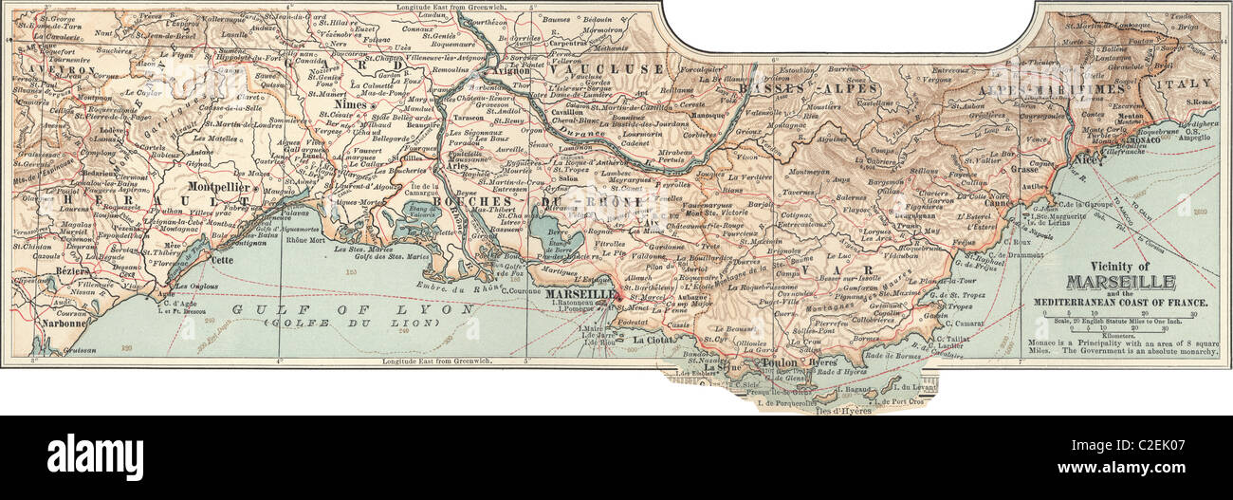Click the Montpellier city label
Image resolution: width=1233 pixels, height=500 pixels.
click(220, 188)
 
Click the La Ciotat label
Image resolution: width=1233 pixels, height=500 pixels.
click(653, 340)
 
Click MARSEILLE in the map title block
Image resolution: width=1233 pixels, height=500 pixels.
click(1121, 282)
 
